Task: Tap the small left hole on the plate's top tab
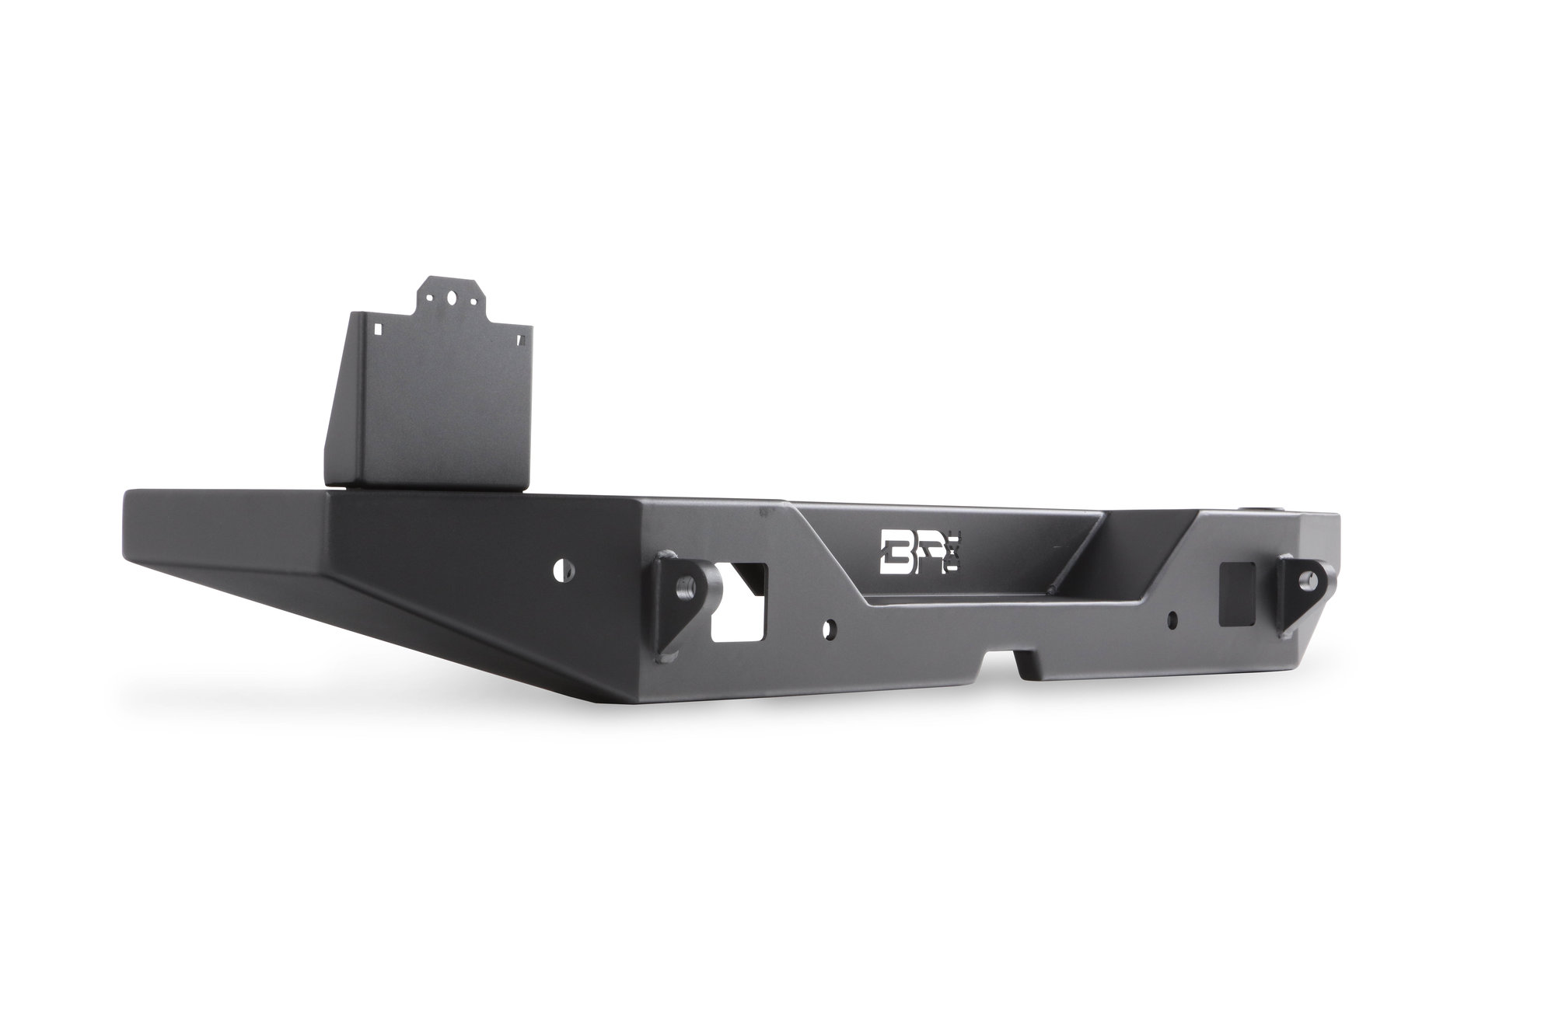pos(428,296)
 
